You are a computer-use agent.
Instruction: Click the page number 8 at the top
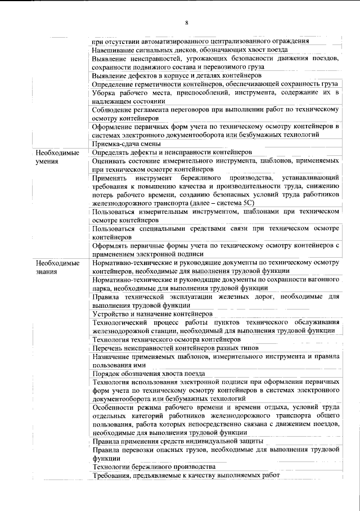[186, 22]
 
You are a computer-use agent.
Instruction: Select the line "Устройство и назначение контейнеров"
[152, 313]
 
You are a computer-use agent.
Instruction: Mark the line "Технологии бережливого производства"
[154, 467]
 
